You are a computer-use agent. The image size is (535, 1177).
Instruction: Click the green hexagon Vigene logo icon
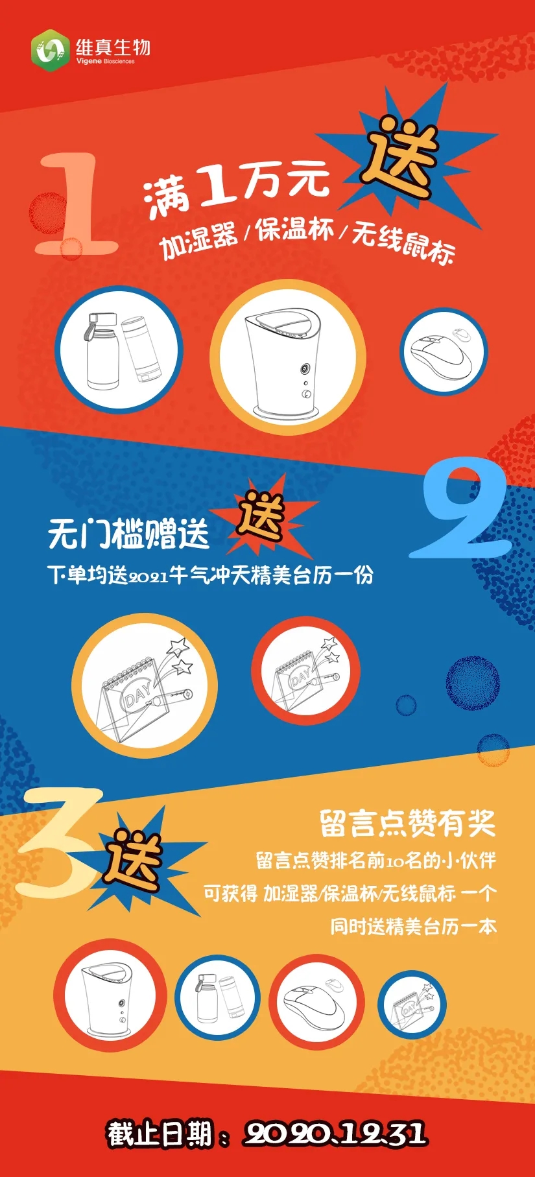(51, 50)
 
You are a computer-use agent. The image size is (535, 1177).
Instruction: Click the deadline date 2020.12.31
(335, 1132)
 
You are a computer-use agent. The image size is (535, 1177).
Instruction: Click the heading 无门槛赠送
(128, 534)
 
